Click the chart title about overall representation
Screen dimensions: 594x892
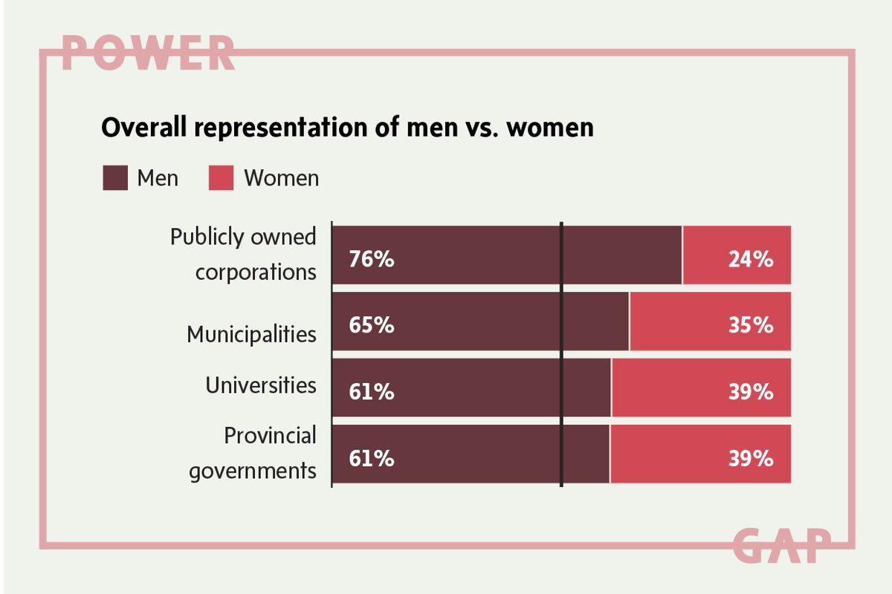347,128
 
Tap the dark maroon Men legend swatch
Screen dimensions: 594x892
115,178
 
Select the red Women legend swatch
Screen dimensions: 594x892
221,178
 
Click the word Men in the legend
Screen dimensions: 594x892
158,178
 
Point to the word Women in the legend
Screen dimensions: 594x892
282,178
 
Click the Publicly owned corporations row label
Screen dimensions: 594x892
244,254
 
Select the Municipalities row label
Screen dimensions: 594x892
251,334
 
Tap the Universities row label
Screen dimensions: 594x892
261,385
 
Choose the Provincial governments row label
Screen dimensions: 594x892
253,453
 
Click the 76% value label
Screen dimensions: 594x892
372,261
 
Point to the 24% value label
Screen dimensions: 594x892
752,261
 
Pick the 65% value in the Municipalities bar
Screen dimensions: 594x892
372,326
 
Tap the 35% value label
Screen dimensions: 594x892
752,326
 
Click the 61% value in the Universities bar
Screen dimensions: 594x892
372,392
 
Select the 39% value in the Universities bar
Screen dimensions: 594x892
752,392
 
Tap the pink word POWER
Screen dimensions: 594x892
148,52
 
